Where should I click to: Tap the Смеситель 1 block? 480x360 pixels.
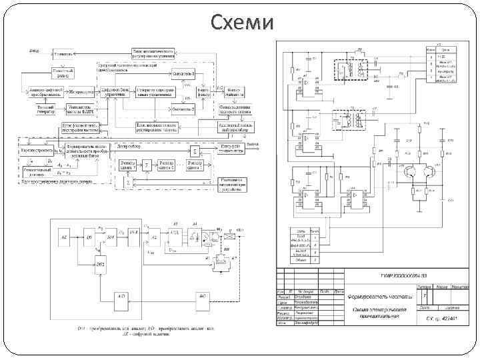click(x=183, y=72)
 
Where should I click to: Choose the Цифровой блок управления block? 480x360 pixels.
click(x=116, y=91)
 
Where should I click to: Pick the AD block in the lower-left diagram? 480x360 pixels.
click(x=121, y=295)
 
